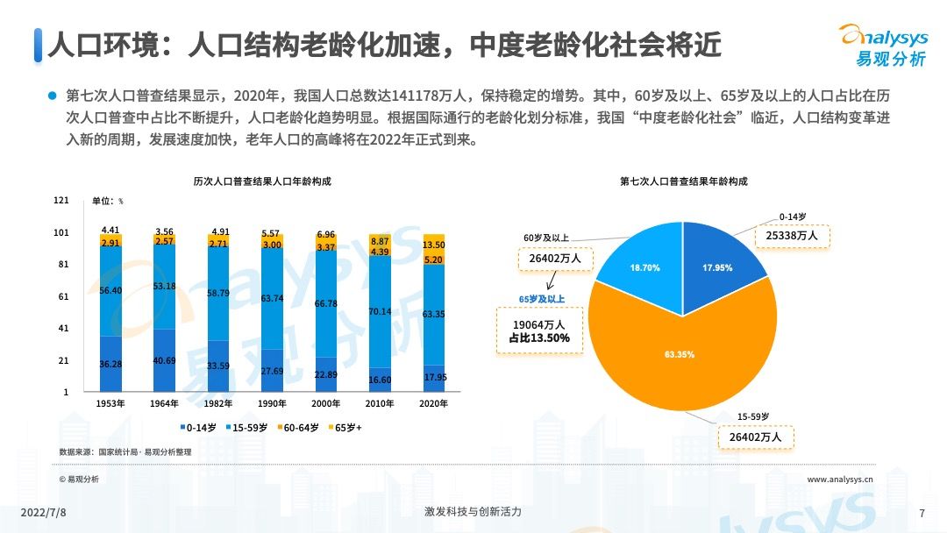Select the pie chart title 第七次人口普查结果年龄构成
point(684,182)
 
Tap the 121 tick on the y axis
point(61,201)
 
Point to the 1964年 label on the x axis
point(164,404)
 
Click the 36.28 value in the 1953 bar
point(110,364)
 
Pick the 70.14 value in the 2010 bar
point(379,311)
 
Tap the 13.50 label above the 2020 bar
point(433,245)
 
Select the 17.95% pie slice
point(717,268)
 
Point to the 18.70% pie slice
point(647,267)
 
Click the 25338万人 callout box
point(792,236)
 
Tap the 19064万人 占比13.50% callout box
point(539,331)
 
